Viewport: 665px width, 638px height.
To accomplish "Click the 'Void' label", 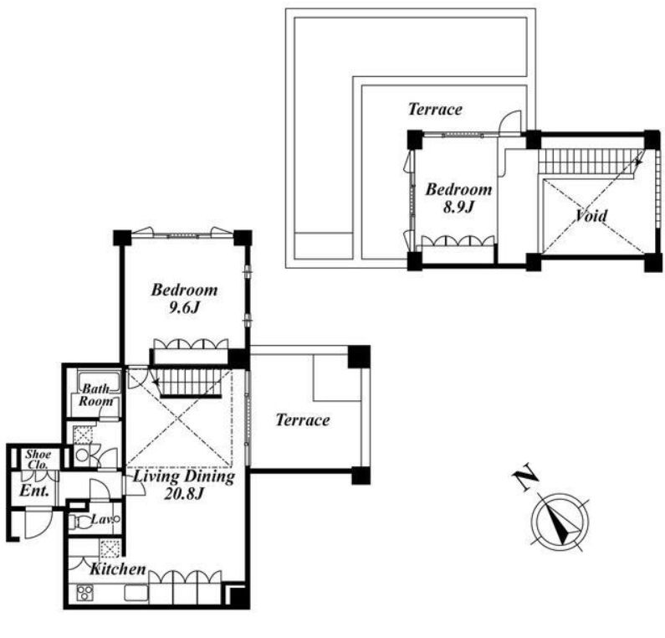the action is click(591, 216).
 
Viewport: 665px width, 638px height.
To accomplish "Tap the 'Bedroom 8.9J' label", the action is click(458, 198).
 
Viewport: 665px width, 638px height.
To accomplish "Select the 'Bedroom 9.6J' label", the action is click(184, 298).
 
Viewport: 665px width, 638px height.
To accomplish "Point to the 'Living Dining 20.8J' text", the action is click(184, 485).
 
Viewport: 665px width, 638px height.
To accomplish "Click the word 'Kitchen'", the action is click(118, 569).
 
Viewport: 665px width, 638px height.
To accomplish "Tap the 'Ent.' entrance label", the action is click(34, 491).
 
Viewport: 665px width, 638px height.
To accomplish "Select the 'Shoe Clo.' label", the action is click(38, 459).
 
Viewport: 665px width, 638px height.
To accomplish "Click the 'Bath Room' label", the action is click(96, 394).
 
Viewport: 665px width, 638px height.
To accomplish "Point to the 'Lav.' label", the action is click(101, 519).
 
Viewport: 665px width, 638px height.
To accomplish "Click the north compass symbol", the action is click(560, 522).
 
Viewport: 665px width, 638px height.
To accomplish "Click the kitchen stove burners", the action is click(84, 593).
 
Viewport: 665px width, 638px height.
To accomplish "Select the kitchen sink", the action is click(136, 593).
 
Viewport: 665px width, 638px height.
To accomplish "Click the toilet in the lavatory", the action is click(80, 522).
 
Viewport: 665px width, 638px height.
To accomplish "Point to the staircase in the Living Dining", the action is click(189, 383).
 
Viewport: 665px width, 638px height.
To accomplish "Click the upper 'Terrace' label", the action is click(435, 109).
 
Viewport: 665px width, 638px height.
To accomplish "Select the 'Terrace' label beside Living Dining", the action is click(303, 419).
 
